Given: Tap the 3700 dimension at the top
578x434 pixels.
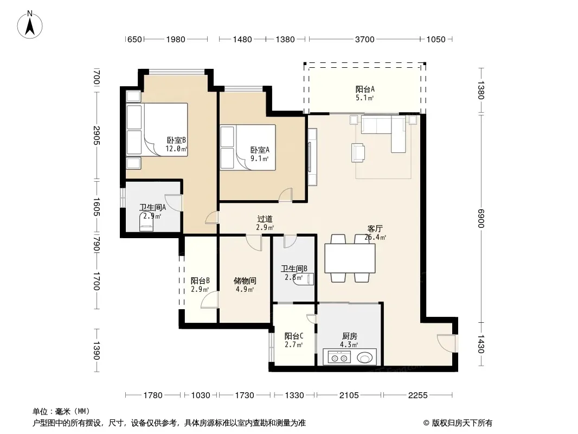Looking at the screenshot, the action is (364, 39).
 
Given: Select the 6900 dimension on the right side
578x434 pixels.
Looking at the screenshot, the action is (481, 218).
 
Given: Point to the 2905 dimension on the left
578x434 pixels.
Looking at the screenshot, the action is (96, 135).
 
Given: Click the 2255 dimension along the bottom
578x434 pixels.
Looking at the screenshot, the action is (418, 395).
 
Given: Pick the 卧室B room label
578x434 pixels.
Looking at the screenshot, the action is (176, 140).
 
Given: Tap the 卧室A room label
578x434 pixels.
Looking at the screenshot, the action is (260, 150).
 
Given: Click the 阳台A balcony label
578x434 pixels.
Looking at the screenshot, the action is (365, 89).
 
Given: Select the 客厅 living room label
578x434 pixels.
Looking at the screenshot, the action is (375, 228).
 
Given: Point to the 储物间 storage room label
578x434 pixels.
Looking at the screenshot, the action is (245, 280).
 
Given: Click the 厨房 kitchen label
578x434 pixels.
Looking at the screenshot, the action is (349, 336).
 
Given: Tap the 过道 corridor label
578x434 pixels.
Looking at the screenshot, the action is (265, 219).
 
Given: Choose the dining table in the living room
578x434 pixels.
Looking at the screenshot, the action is (350, 258).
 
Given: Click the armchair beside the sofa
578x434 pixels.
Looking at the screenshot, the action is (358, 152).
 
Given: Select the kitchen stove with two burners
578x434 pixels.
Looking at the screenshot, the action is (339, 358).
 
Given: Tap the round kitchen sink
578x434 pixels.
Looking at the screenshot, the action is (365, 358).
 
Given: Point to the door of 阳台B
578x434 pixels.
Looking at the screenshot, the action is (209, 299).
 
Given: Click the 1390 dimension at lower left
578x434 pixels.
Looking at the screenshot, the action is (96, 350).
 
